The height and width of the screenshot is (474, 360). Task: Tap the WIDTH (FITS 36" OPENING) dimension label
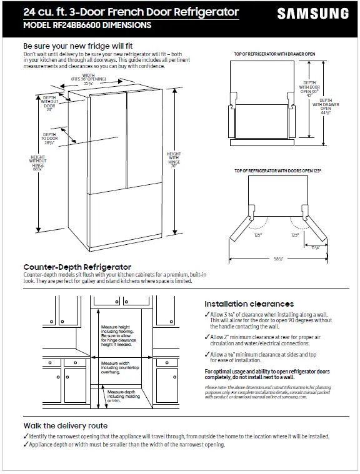88,79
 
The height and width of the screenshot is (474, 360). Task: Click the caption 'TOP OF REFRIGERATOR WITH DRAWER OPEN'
274,54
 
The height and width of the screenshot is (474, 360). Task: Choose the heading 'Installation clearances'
249,304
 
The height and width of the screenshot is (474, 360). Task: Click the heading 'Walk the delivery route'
65,425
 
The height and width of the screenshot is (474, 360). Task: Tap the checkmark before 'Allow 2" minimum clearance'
207,336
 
